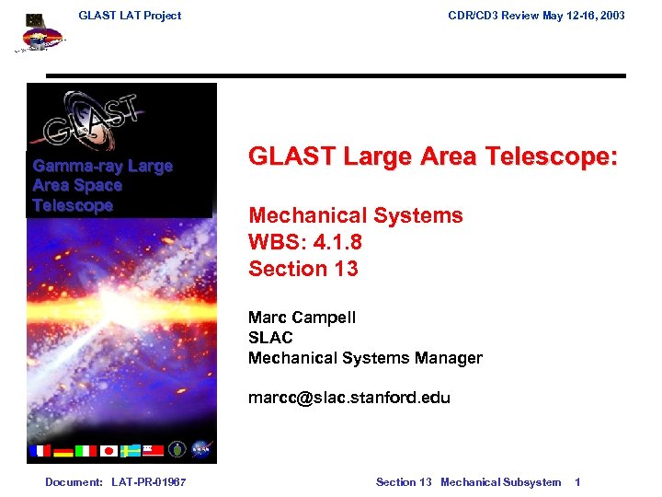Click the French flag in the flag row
pos(40,450)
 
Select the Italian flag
pos(85,450)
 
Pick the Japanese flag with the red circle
pos(108,450)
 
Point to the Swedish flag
pos(130,450)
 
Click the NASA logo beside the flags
pos(201,450)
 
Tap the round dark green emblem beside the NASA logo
pos(177,450)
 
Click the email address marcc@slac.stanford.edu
pos(349,399)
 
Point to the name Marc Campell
pos(302,318)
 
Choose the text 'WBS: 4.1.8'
pos(303,242)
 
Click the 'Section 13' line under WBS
pos(303,269)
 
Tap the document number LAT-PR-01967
pos(148,482)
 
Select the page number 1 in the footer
pos(577,482)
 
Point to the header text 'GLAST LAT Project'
pos(130,15)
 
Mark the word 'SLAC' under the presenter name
pos(270,338)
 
